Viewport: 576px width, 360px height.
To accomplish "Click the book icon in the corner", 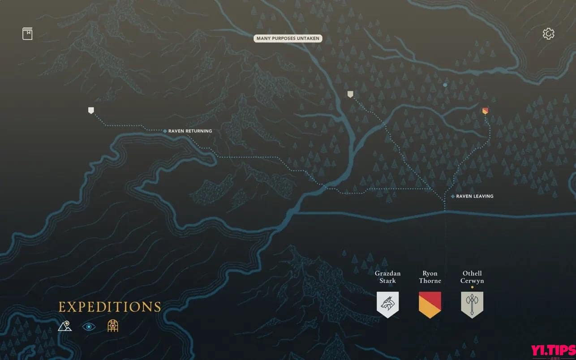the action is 27,34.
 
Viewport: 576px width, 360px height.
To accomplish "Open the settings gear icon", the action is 548,34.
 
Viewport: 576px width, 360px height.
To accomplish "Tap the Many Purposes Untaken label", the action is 288,39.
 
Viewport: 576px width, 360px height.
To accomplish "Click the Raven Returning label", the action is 190,131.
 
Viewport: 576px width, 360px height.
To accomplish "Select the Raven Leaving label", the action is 474,196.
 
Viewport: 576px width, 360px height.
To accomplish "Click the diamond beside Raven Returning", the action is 165,131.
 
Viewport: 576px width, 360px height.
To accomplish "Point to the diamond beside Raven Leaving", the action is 453,196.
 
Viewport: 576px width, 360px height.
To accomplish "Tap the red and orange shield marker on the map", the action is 485,111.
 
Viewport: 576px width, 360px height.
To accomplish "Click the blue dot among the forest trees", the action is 445,85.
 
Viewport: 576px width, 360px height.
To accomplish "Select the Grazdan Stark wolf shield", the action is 387,304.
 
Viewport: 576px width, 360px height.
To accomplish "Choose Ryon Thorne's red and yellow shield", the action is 430,304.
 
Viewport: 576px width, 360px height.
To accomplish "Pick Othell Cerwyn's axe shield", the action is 472,304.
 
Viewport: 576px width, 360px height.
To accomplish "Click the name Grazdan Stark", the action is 387,277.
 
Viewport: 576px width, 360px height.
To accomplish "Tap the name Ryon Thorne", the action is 430,277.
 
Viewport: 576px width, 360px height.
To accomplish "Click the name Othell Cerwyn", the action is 472,277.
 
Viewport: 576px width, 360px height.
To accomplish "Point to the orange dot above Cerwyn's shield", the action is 472,287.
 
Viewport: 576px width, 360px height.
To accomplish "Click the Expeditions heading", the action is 110,307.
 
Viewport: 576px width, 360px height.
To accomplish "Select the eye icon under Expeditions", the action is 89,326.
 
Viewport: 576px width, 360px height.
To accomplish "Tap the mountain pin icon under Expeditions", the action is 64,326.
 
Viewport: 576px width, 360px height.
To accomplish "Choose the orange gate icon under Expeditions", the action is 113,326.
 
